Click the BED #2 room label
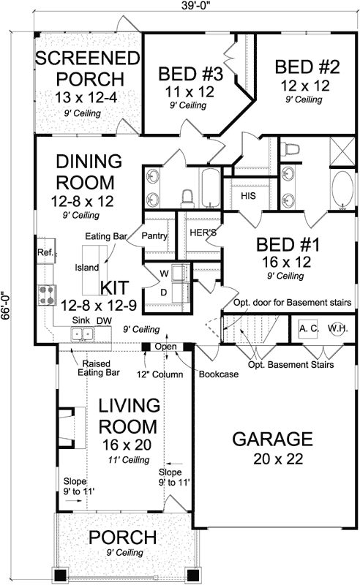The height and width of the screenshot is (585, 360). [x=307, y=67]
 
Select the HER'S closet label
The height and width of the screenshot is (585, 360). [x=200, y=233]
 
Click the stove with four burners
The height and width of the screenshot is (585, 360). [x=48, y=294]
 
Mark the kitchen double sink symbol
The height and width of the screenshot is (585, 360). [x=82, y=335]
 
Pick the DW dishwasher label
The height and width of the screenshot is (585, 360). [x=104, y=321]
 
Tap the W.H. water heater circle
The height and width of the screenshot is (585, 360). [x=338, y=328]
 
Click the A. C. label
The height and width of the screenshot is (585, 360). [x=308, y=328]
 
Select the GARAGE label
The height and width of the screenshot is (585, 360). [x=272, y=439]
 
